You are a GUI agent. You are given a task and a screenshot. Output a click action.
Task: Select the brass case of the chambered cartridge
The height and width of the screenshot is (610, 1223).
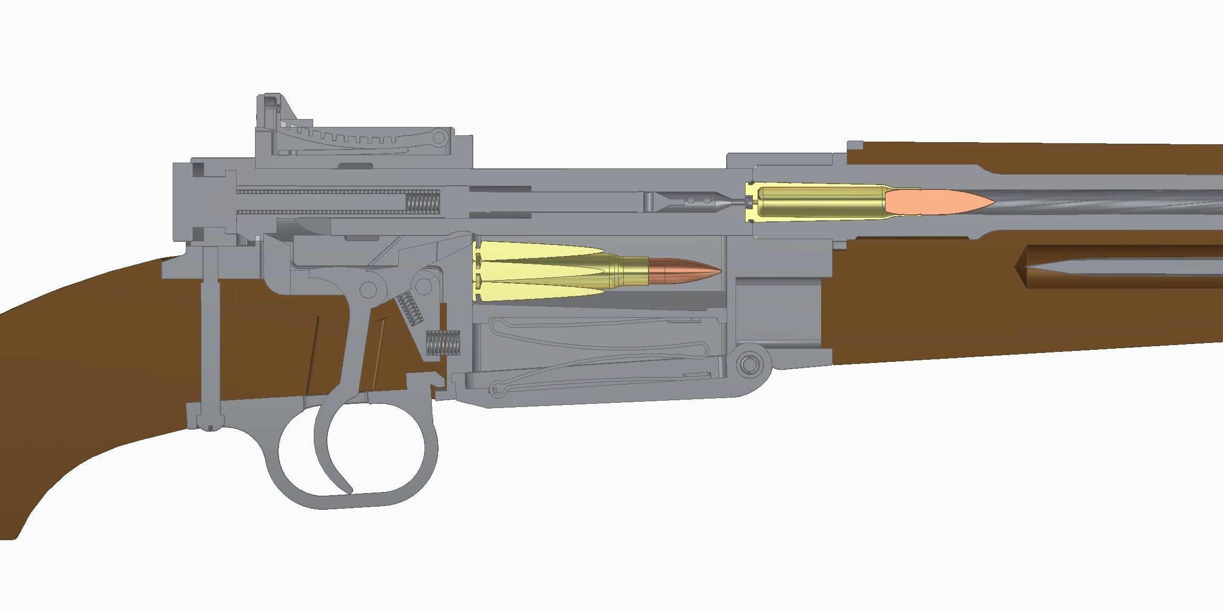(818, 202)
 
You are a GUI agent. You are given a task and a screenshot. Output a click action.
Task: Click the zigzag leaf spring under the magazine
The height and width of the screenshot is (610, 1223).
(603, 357)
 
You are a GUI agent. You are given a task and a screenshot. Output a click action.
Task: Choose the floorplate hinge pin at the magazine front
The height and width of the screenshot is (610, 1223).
(750, 362)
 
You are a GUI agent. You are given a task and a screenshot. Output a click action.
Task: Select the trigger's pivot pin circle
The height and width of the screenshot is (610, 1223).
(368, 288)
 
